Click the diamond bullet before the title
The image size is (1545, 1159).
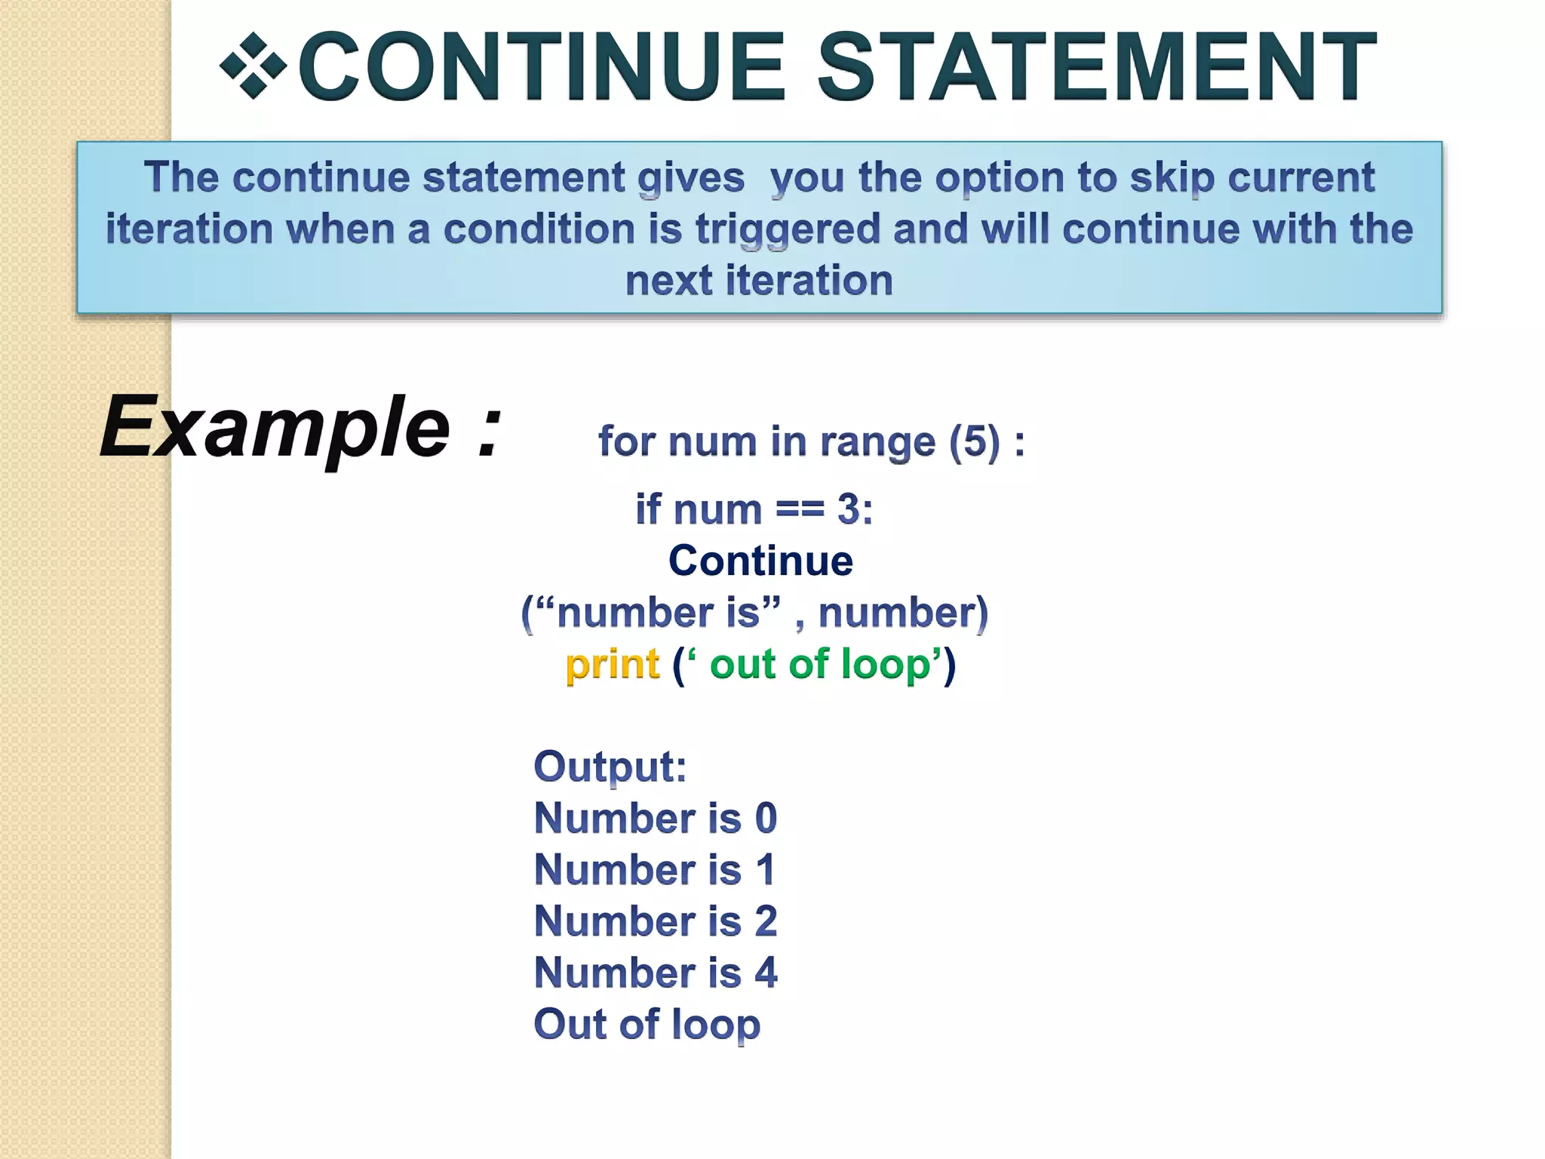click(x=253, y=66)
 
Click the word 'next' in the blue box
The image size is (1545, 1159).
click(x=668, y=281)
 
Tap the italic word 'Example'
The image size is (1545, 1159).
click(x=276, y=428)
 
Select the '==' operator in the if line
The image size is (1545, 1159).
click(x=800, y=509)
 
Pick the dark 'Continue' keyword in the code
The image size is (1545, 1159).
click(x=760, y=561)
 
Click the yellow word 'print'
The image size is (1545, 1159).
click(x=613, y=665)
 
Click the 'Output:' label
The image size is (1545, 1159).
click(x=610, y=767)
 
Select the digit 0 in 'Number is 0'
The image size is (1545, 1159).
click(x=766, y=818)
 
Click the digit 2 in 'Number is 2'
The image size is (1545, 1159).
click(x=766, y=921)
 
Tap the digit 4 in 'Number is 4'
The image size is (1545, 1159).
click(x=766, y=973)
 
